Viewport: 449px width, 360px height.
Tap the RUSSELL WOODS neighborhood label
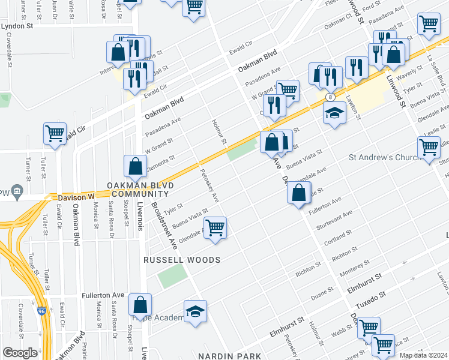[182, 260]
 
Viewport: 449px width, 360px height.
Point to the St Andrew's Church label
[383, 158]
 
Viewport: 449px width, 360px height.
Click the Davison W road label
[77, 197]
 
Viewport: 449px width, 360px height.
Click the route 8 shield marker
[330, 97]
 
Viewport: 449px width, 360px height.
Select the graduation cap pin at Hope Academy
[195, 311]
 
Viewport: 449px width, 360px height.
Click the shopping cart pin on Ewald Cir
[55, 134]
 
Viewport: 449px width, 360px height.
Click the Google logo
[20, 353]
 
